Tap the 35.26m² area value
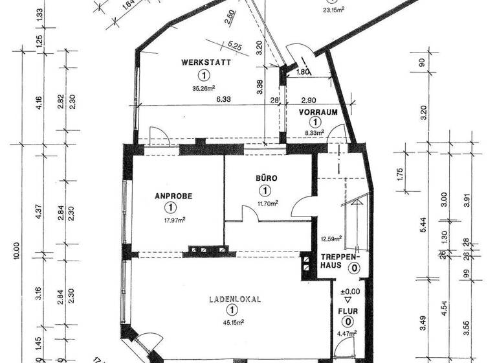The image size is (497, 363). (204, 89)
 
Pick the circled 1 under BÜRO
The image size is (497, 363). (265, 191)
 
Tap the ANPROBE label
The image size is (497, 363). (171, 196)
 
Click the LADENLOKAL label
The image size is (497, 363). (235, 300)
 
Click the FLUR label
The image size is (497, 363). (348, 310)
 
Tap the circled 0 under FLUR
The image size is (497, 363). (348, 322)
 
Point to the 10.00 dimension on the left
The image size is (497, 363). (16, 251)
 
